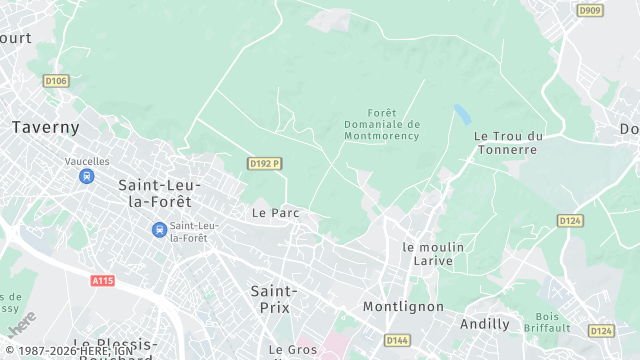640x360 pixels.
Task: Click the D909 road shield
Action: tap(590, 10)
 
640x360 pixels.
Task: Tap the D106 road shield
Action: tap(57, 81)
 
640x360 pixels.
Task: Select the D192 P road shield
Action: tap(264, 163)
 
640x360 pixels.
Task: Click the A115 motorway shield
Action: tap(102, 281)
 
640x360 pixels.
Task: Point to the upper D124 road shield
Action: tap(570, 220)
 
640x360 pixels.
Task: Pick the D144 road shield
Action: tap(397, 340)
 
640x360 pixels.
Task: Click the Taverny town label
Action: tap(45, 127)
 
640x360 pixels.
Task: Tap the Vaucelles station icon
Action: tap(87, 176)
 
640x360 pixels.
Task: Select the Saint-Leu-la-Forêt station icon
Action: tap(159, 230)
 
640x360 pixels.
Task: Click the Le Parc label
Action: tap(276, 213)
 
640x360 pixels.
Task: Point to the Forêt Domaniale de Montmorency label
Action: tap(381, 124)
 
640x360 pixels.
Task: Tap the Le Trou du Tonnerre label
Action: tap(507, 143)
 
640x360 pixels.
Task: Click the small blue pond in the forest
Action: tap(462, 113)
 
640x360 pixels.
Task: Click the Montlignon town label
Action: tap(403, 306)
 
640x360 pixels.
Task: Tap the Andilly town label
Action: tap(485, 324)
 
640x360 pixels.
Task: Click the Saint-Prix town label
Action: tap(270, 298)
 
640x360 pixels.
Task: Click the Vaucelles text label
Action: tap(87, 160)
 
